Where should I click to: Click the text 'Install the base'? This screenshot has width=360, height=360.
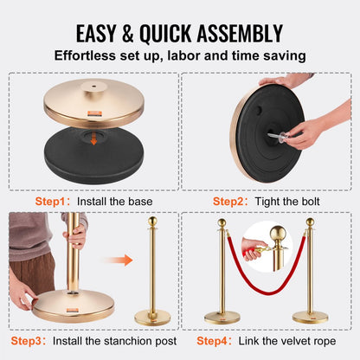115,200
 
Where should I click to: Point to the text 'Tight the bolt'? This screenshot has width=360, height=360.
287,200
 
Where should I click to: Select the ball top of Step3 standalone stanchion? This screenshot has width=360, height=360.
153,222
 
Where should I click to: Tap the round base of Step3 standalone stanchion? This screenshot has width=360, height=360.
153,317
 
